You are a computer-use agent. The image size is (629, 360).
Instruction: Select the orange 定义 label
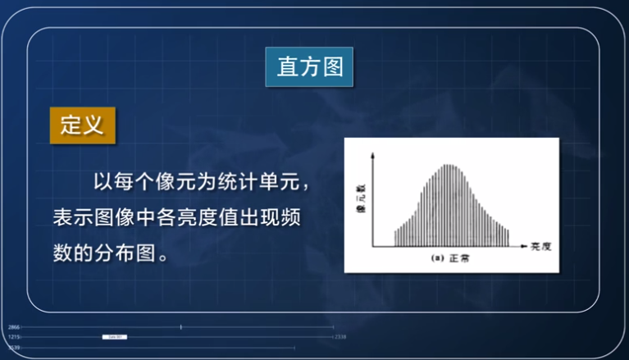(x=81, y=125)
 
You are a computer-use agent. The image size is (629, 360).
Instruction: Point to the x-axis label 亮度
(x=540, y=245)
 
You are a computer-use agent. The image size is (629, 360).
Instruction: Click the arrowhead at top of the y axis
(x=374, y=157)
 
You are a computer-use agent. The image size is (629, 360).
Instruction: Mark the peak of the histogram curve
(x=448, y=166)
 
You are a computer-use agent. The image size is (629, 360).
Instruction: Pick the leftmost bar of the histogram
(x=395, y=238)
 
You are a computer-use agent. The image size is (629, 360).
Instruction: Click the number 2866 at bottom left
(x=13, y=326)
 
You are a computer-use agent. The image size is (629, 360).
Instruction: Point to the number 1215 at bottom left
(x=13, y=336)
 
